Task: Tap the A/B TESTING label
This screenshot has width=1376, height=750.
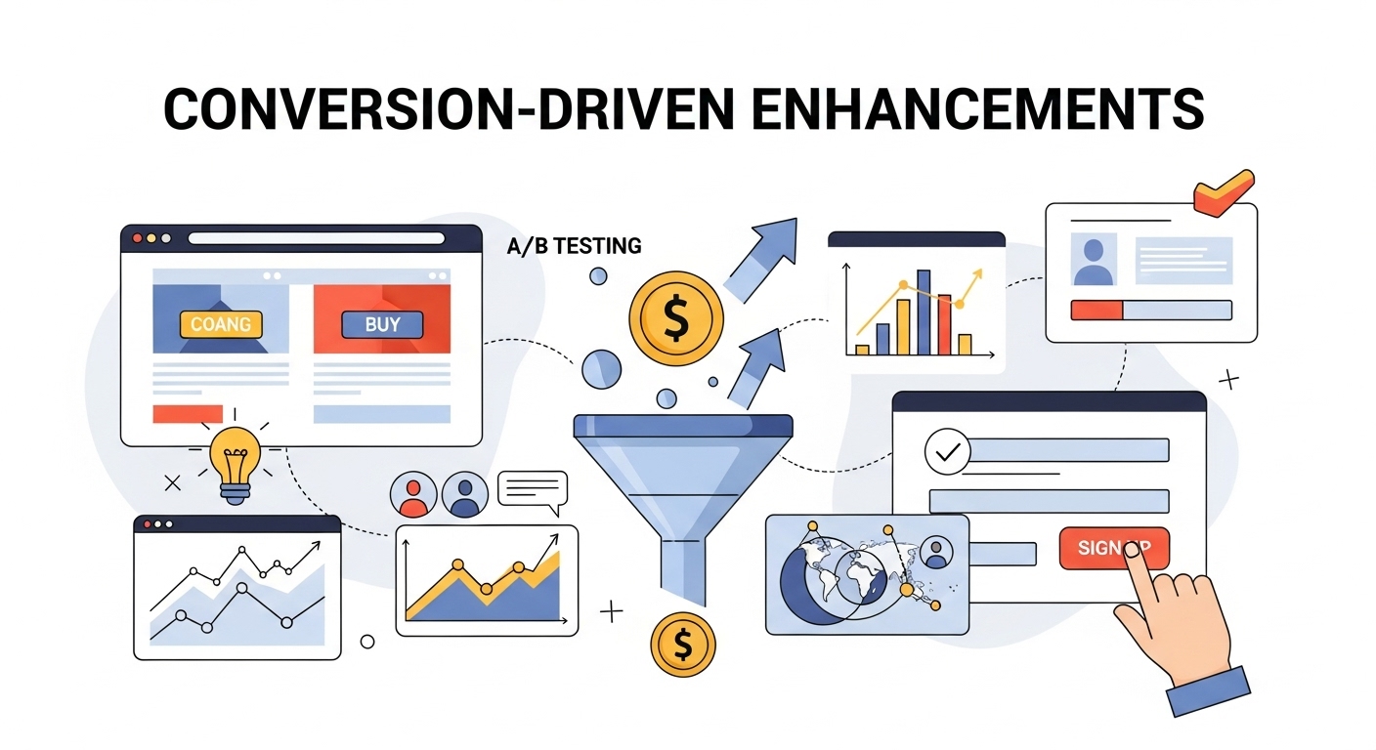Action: (x=574, y=246)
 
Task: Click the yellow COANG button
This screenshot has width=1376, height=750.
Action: (x=221, y=324)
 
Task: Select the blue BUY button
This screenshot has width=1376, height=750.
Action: (x=382, y=324)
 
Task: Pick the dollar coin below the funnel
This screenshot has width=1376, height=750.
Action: (x=682, y=645)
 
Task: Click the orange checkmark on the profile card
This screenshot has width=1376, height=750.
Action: (x=1222, y=193)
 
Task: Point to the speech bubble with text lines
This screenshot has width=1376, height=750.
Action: (x=532, y=489)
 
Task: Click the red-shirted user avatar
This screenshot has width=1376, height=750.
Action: (x=412, y=495)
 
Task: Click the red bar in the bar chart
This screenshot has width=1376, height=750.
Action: (x=944, y=324)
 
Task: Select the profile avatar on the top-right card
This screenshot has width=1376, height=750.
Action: (x=1093, y=260)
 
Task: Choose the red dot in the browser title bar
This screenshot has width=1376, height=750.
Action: (x=137, y=238)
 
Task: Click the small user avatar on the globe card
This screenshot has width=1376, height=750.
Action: (x=936, y=553)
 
